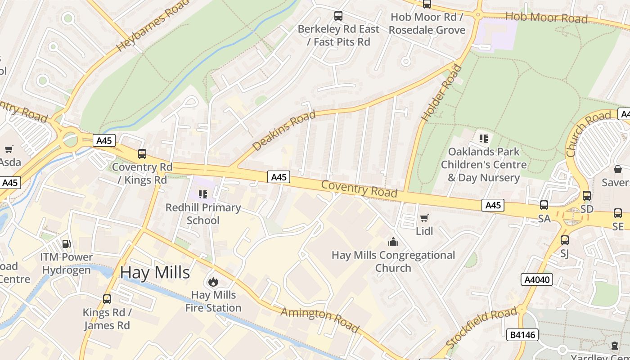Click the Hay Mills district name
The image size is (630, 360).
[x=155, y=273]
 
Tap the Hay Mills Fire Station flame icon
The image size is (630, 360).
[x=213, y=282]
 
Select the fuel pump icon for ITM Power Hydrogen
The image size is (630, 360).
[x=66, y=244]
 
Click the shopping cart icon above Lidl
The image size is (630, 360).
[x=424, y=218]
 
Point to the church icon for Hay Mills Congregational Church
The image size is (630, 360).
[x=393, y=242]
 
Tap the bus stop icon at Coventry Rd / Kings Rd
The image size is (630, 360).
[x=142, y=154]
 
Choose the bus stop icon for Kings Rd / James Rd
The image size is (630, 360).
[x=107, y=299]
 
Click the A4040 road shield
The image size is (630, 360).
[x=537, y=279]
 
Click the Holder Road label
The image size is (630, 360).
[x=441, y=93]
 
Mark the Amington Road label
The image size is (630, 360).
[x=320, y=320]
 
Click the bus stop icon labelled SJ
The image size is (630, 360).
[x=565, y=240]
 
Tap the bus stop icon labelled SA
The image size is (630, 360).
[x=544, y=205]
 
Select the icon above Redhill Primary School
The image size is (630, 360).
[x=203, y=194]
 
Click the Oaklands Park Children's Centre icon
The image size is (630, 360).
[x=483, y=138]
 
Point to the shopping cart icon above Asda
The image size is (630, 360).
[x=9, y=149]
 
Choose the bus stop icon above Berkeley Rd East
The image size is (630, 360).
[x=338, y=16]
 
